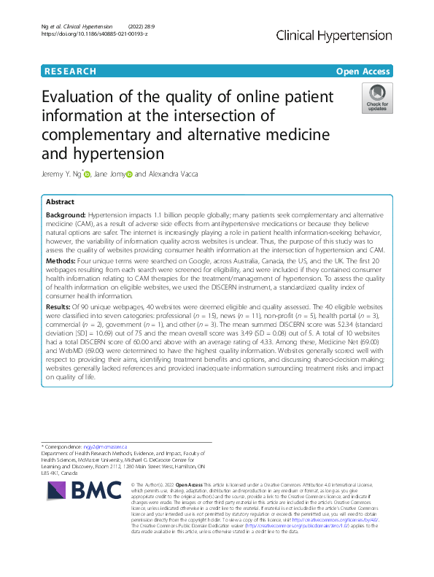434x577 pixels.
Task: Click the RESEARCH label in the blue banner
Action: tap(70, 71)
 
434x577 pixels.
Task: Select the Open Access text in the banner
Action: tap(363, 71)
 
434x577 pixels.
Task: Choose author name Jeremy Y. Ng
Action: tap(61, 174)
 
